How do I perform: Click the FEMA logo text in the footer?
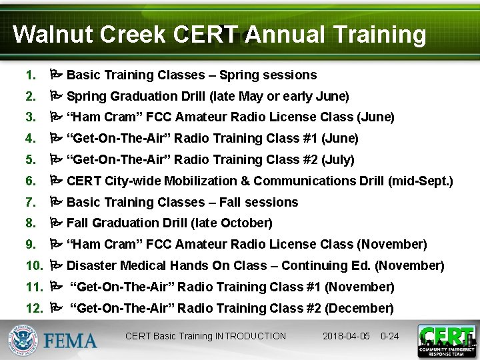click(71, 341)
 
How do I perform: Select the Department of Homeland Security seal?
click(23, 340)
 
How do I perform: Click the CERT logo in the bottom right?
click(446, 341)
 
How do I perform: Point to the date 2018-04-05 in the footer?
click(347, 336)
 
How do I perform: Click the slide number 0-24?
click(389, 336)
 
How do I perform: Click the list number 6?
click(29, 181)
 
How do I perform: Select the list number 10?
click(33, 265)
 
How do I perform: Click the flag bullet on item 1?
click(56, 75)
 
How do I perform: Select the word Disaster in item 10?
click(91, 265)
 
